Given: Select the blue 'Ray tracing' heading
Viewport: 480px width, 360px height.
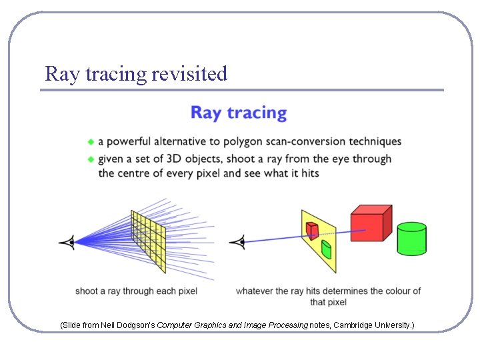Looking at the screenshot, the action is (x=239, y=113).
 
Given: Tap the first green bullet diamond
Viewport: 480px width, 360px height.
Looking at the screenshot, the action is (x=91, y=141).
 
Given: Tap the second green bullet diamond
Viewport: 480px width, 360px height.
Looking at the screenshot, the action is (x=91, y=159).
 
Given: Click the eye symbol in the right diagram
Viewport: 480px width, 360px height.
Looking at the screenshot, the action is (x=237, y=241).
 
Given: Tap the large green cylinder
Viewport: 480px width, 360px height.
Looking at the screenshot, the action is (x=411, y=239).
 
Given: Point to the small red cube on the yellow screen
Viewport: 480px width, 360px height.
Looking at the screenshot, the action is (x=312, y=229).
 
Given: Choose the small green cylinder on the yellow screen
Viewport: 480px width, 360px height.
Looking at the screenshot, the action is (x=326, y=249).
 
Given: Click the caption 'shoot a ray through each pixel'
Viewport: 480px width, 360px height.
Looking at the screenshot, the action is (x=136, y=291).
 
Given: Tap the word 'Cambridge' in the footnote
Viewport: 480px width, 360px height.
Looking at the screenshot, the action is (x=353, y=325).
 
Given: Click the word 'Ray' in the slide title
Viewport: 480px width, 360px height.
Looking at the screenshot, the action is (x=59, y=73).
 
